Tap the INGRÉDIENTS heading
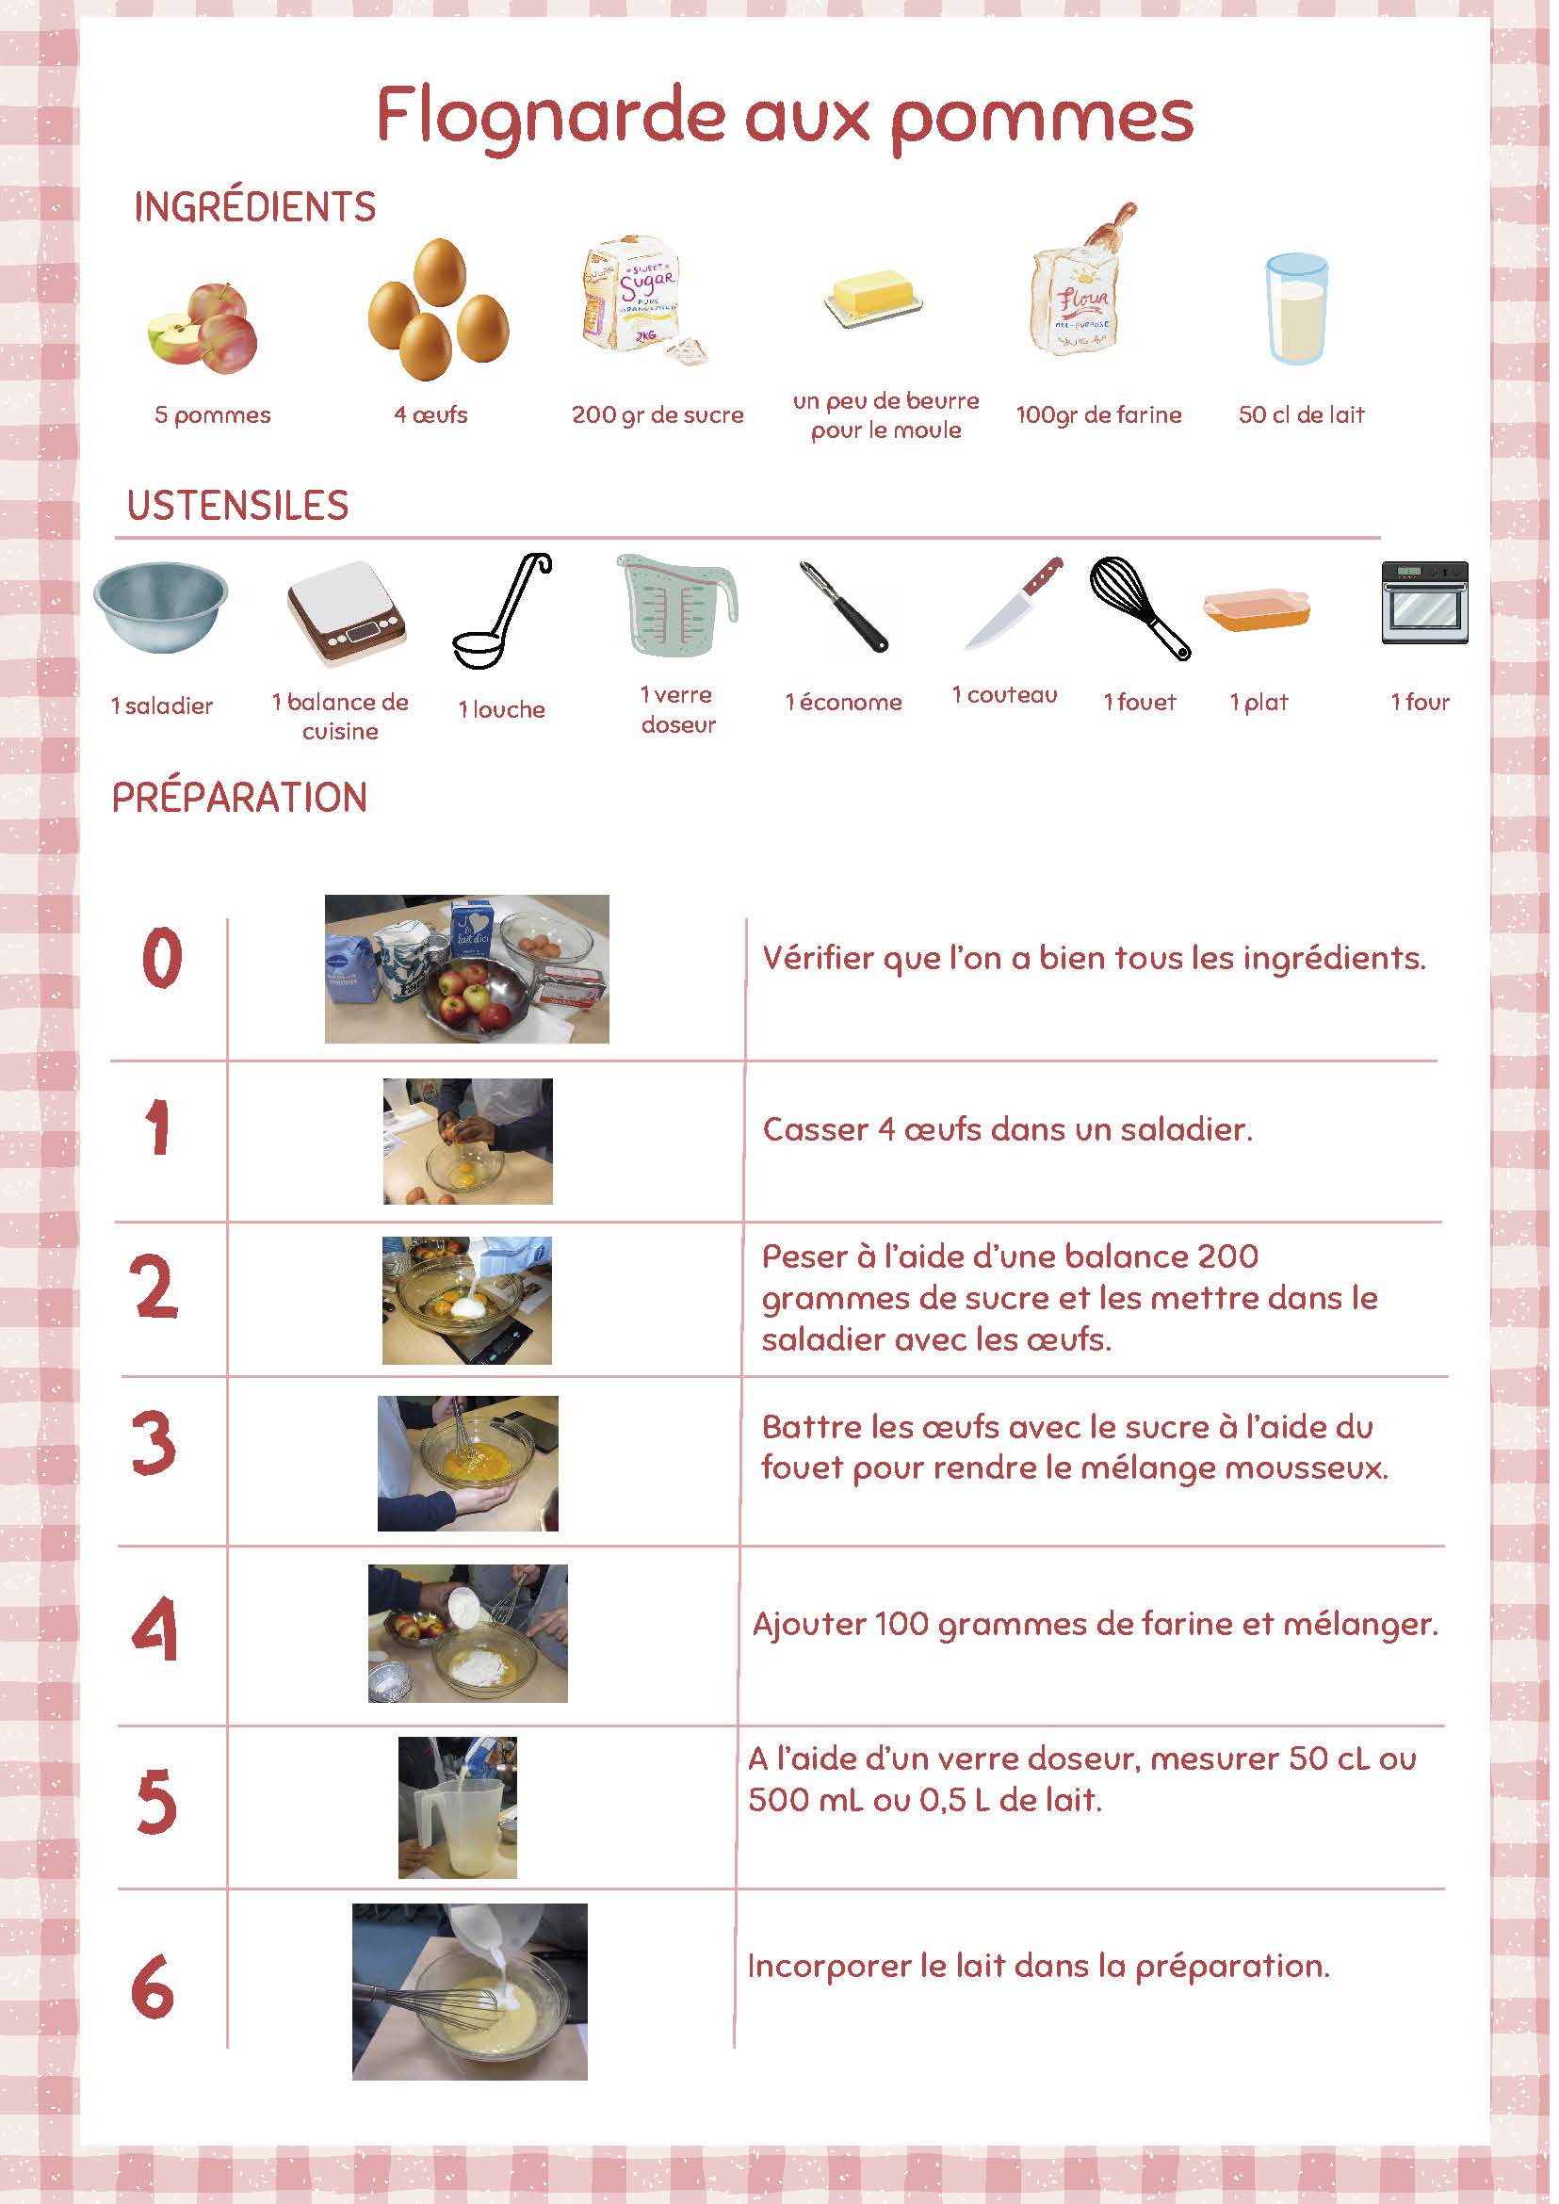tap(254, 207)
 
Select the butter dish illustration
tap(873, 300)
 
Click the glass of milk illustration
tap(1296, 309)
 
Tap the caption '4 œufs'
tap(430, 414)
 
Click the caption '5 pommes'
tap(212, 415)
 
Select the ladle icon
tap(502, 610)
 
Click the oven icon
tap(1424, 602)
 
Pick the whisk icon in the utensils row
tap(1140, 608)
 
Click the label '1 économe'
tap(844, 703)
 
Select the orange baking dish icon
tap(1257, 608)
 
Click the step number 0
tap(161, 958)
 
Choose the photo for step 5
tap(458, 1807)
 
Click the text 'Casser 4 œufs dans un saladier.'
tap(1008, 1129)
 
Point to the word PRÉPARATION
tap(240, 798)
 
